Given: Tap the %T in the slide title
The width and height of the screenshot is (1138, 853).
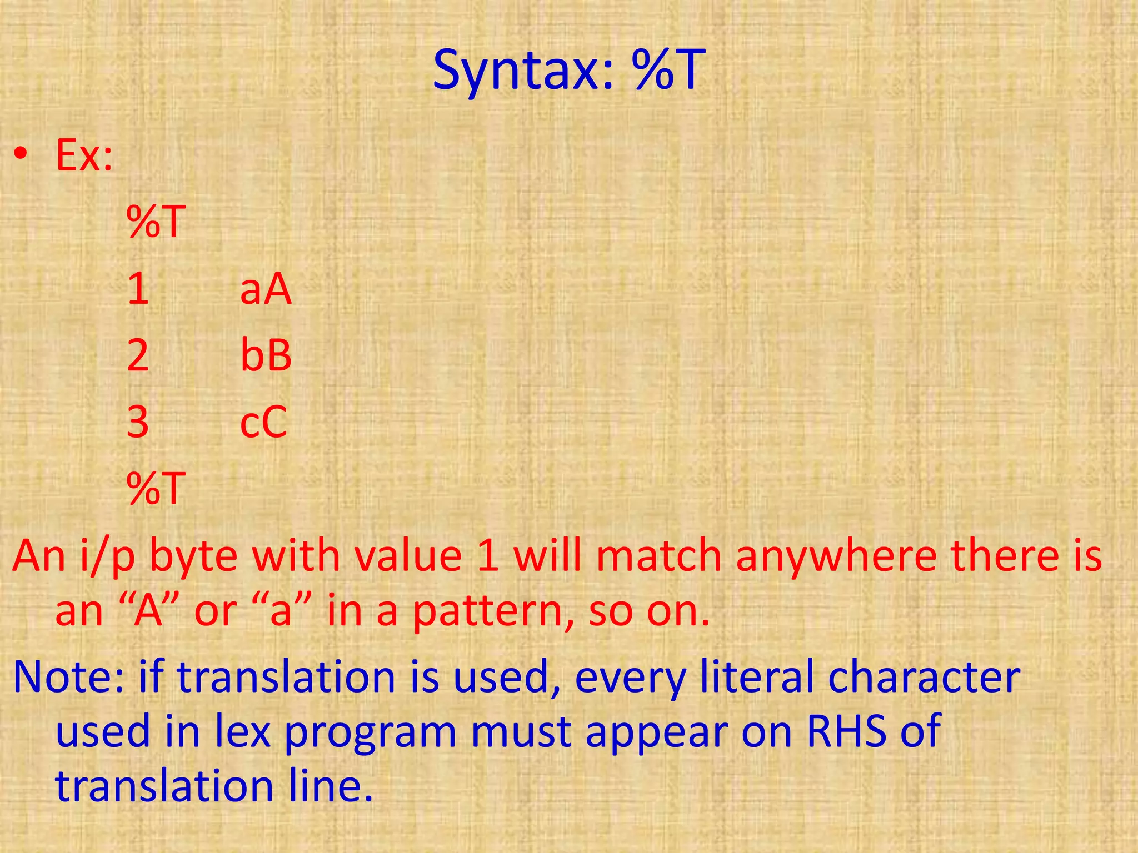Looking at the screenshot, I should point(670,71).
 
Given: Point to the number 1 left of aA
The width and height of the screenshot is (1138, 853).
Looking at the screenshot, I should point(138,289).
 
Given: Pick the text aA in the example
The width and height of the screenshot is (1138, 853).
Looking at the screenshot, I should point(266,289).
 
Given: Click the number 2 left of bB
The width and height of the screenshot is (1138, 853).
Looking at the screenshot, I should point(138,356).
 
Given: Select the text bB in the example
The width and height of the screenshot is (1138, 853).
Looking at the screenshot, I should point(266,356).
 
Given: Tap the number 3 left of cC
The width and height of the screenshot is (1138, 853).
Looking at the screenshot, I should point(138,423).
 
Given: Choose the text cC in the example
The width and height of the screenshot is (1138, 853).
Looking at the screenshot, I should point(263,423).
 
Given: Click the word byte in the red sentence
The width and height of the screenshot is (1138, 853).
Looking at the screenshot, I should point(194,557).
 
